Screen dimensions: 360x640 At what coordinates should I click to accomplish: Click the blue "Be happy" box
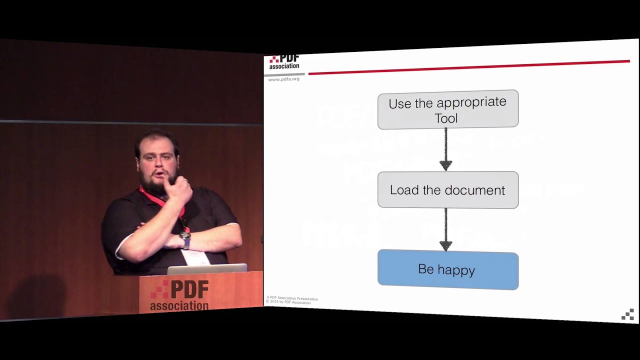[447, 269]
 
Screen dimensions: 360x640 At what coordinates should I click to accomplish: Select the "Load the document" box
[447, 190]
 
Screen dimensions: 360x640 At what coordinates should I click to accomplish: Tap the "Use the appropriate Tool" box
[447, 109]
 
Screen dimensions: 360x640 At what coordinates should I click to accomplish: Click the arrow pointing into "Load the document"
[445, 150]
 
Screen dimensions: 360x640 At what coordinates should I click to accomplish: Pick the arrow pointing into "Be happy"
[445, 230]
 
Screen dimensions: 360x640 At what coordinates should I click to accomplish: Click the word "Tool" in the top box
[446, 118]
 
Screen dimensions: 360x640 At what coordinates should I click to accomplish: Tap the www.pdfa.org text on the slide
[283, 79]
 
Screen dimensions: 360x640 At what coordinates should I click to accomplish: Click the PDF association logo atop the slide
[284, 62]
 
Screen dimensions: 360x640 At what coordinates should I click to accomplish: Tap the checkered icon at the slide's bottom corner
[627, 314]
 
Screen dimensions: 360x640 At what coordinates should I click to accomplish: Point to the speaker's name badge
[195, 257]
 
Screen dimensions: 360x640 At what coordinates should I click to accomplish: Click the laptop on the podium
[206, 269]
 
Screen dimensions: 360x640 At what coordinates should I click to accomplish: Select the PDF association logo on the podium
[179, 295]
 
